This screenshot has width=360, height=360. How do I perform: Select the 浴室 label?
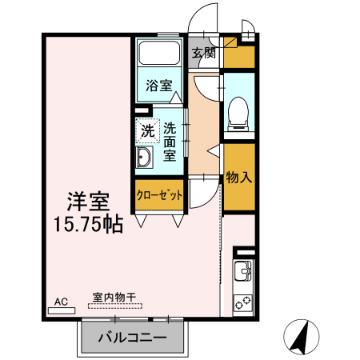pos(158,85)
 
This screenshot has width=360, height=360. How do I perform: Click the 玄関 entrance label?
pos(203,54)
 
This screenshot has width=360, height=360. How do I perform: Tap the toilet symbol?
pos(238,113)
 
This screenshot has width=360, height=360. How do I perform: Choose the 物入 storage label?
pos(239,178)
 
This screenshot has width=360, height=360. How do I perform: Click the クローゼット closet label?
pos(159,194)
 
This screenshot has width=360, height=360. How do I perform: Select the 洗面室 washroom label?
pos(170,142)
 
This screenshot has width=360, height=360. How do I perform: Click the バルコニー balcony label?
pos(133,338)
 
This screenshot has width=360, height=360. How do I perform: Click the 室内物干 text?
pos(114,298)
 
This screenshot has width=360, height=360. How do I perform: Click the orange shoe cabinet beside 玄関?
pos(238,56)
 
